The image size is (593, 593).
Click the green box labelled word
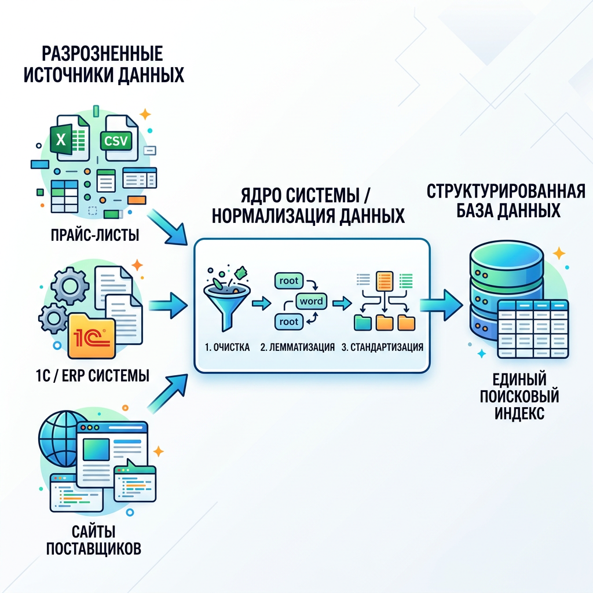pyautogui.click(x=312, y=301)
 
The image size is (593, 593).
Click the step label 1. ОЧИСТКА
pyautogui.click(x=228, y=348)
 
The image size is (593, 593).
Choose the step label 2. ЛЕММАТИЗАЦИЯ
pyautogui.click(x=297, y=348)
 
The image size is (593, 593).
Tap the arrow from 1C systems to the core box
pyautogui.click(x=168, y=304)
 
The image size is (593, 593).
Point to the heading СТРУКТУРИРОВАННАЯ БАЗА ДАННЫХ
pyautogui.click(x=506, y=200)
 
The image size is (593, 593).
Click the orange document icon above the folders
pyautogui.click(x=383, y=281)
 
